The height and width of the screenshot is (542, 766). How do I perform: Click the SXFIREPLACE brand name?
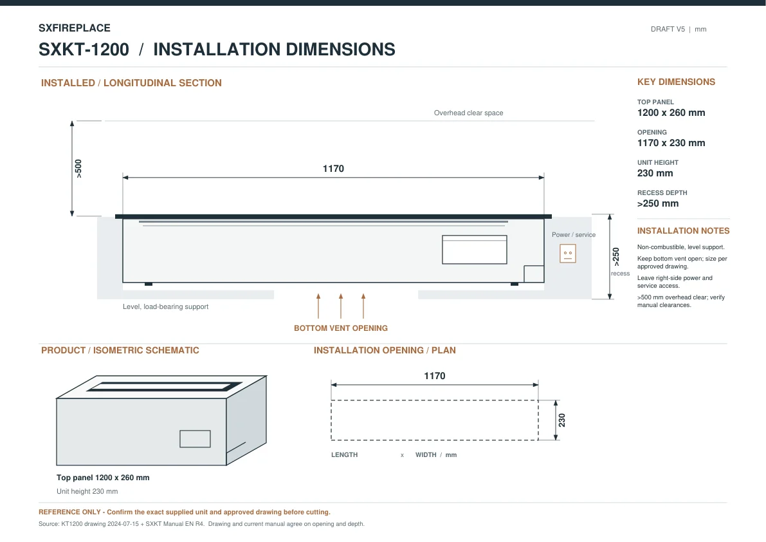74,28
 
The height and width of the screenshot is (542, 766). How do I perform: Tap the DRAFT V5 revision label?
668,30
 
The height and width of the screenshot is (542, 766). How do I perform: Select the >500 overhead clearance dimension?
78,169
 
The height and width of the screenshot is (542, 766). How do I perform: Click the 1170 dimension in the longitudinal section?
333,169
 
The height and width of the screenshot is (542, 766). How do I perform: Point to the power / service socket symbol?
568,254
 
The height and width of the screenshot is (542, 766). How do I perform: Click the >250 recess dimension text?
616,257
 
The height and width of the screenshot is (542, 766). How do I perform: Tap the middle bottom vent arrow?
341,306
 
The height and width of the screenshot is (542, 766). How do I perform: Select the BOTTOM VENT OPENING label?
340,328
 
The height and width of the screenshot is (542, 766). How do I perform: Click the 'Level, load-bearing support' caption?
165,306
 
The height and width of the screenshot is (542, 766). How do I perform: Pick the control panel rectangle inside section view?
475,250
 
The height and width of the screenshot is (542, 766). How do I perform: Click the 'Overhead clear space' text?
468,113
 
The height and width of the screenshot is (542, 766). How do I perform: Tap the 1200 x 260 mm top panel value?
671,113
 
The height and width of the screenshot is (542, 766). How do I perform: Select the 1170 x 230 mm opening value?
671,143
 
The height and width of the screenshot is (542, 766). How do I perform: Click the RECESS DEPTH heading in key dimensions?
662,193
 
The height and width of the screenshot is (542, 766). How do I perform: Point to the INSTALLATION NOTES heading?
683,230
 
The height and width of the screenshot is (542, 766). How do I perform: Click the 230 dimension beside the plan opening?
562,420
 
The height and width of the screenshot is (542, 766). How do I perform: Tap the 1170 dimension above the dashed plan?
434,376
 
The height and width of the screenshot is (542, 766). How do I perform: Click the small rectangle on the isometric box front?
195,439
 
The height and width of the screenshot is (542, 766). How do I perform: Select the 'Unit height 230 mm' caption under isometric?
87,491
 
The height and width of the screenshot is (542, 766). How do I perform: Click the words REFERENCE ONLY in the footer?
69,512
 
